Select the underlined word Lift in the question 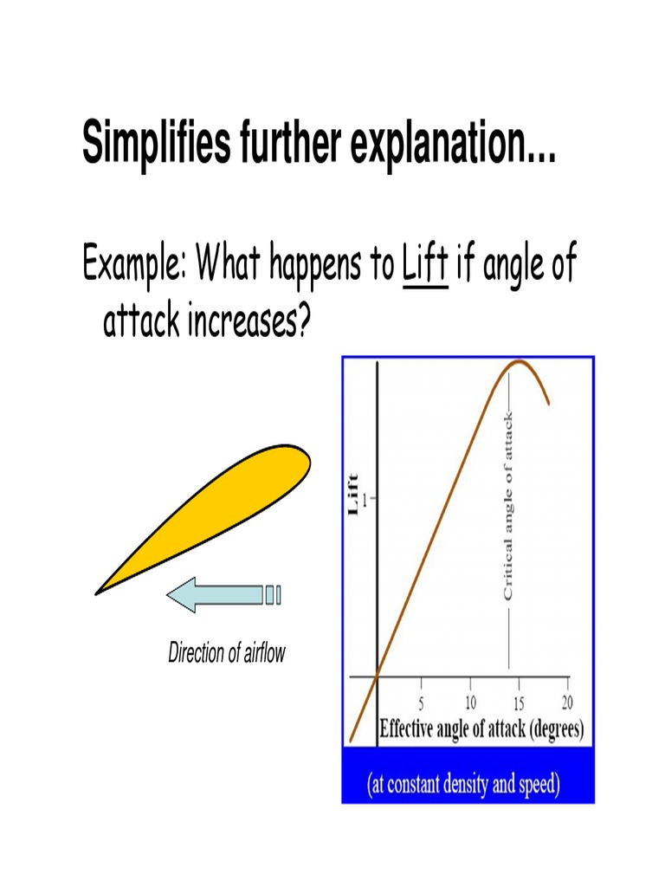[x=425, y=265]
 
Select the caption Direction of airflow [x=227, y=653]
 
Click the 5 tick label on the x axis [x=422, y=702]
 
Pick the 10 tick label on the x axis [x=470, y=702]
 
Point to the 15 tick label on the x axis [x=519, y=702]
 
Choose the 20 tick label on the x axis [x=567, y=702]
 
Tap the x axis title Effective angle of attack [x=481, y=729]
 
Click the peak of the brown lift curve [x=518, y=361]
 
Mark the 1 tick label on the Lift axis [x=367, y=499]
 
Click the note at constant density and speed [x=464, y=786]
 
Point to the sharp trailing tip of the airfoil [x=97, y=593]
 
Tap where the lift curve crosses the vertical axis [x=377, y=677]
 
